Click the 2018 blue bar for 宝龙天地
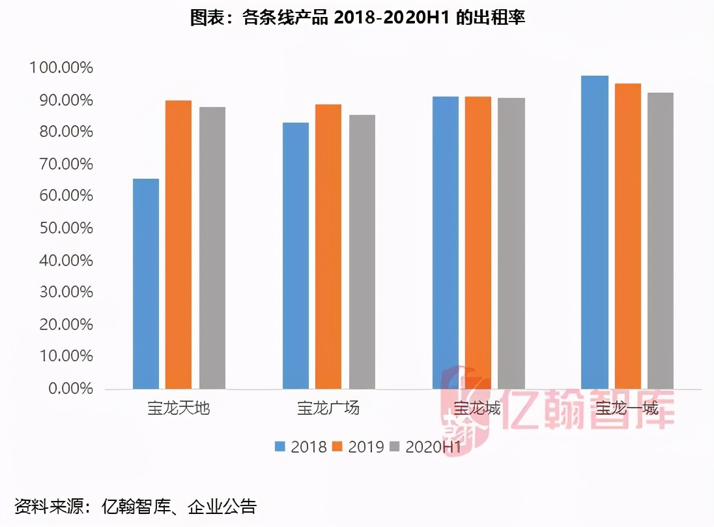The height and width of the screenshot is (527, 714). [146, 284]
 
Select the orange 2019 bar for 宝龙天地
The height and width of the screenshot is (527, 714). [178, 245]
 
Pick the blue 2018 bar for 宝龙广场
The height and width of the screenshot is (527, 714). [296, 256]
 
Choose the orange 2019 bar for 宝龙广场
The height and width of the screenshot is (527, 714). [328, 247]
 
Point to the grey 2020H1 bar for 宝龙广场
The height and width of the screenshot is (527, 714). [362, 252]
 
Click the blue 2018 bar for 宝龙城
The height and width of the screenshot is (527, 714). [446, 243]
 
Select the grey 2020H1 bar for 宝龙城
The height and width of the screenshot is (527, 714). [512, 243]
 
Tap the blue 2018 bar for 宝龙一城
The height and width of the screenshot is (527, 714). [595, 232]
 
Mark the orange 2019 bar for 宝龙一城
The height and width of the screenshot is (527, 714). [628, 236]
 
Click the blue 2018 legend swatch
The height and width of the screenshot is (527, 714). [281, 447]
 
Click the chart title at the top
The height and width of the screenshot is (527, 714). [357, 18]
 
